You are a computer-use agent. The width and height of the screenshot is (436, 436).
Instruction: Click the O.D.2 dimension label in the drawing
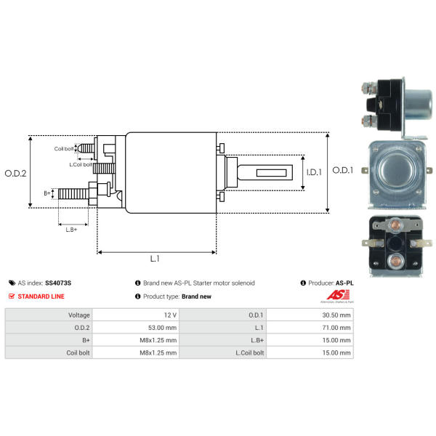(x=15, y=173)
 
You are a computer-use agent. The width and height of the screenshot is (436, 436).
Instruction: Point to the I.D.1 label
(x=312, y=172)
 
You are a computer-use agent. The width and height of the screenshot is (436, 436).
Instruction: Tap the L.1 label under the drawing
(x=155, y=259)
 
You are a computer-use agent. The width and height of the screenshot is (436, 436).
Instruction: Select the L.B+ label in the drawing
(x=71, y=230)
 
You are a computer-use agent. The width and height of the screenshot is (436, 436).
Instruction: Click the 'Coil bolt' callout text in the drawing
(x=64, y=149)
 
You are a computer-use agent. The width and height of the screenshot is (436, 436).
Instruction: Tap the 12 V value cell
(x=170, y=315)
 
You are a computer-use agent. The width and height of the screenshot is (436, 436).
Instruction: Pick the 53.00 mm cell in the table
(x=161, y=328)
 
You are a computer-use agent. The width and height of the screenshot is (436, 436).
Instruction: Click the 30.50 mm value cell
(x=336, y=315)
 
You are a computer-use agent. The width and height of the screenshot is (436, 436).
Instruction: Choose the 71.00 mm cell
(x=336, y=328)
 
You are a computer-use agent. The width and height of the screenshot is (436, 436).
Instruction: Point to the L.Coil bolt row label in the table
(x=246, y=352)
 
